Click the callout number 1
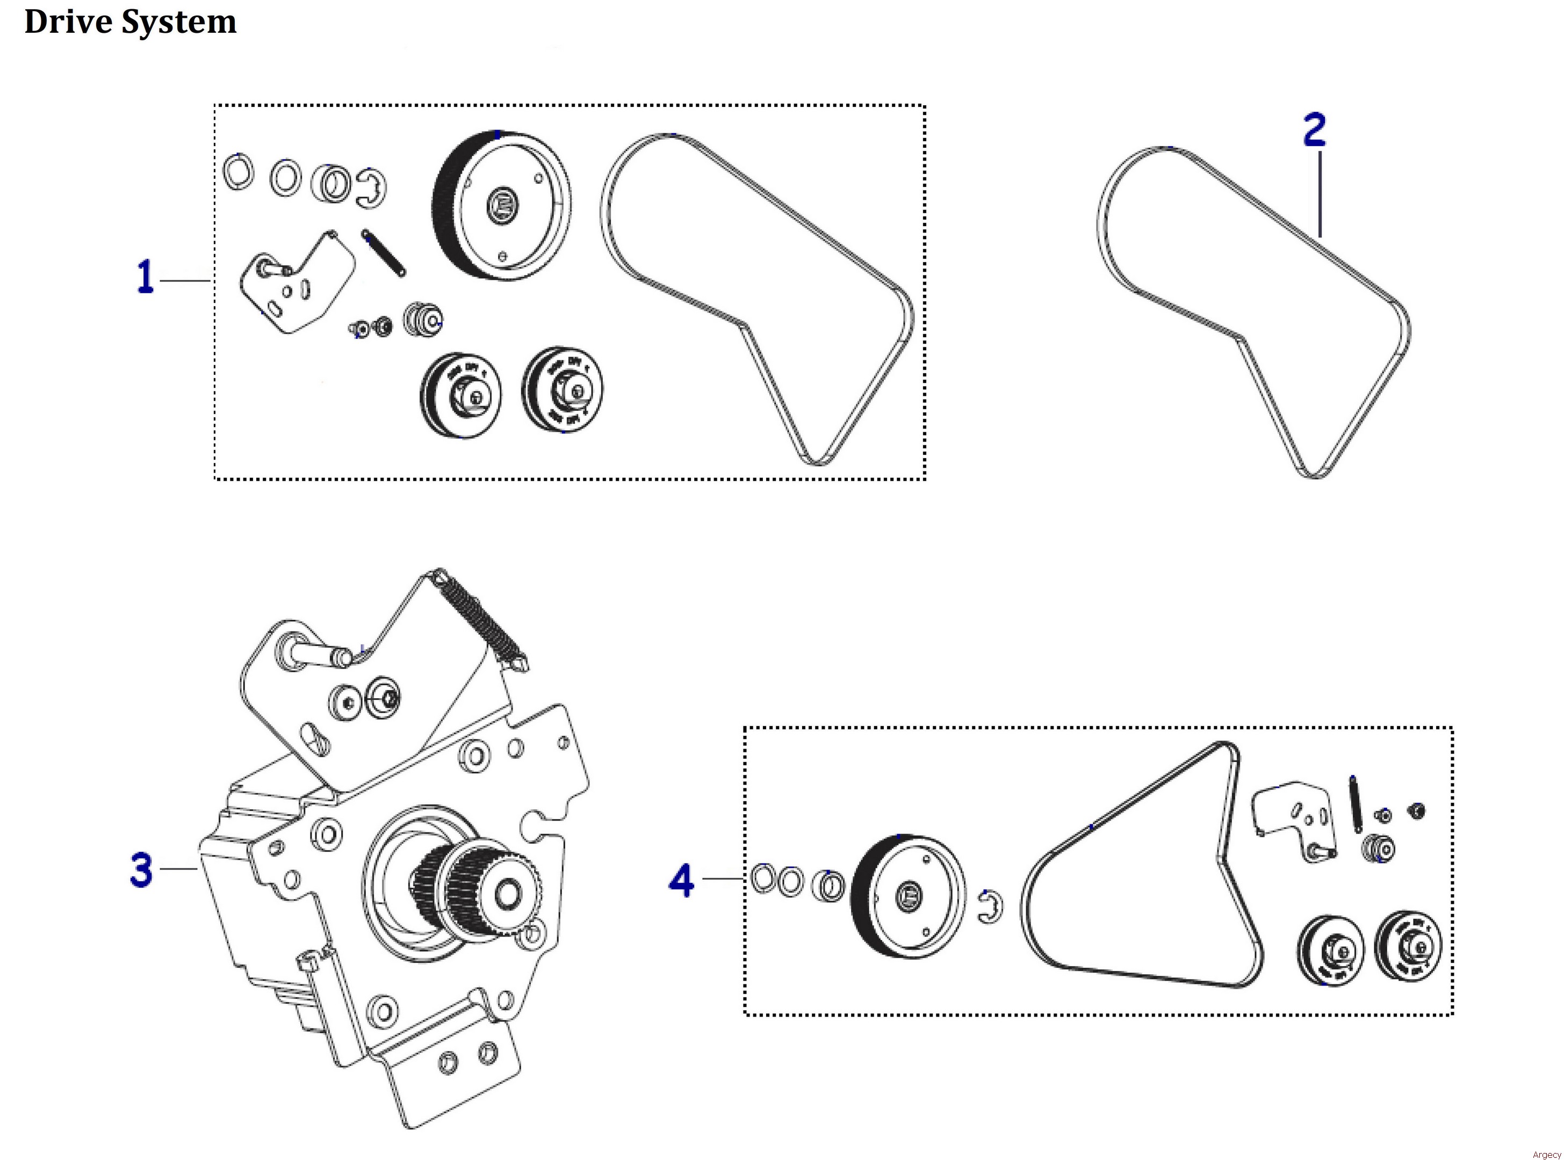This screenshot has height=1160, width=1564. point(145,277)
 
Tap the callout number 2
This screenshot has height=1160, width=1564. point(1314,130)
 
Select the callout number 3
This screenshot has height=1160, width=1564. point(141,870)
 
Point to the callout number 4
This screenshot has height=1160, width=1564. point(681,881)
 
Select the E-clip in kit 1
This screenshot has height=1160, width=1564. point(370,188)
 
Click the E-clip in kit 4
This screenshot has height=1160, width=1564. point(990,907)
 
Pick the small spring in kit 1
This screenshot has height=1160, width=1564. point(384,253)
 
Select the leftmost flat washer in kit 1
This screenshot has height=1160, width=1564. point(237,171)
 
